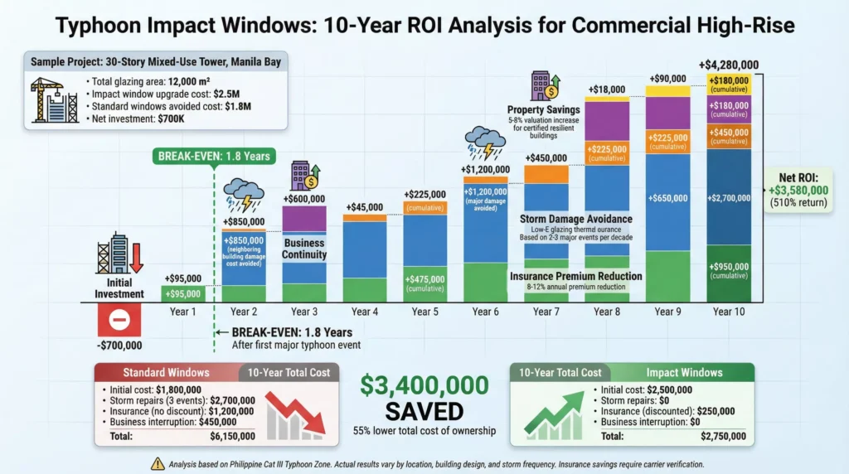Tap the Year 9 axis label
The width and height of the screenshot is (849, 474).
click(x=663, y=312)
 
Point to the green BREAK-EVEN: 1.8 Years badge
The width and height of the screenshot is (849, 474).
click(x=214, y=156)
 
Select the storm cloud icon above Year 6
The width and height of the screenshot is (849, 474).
click(x=486, y=142)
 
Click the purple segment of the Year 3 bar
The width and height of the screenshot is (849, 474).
click(x=304, y=218)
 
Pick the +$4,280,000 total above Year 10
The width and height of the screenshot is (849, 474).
click(x=730, y=64)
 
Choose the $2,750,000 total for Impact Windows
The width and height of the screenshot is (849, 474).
click(x=720, y=435)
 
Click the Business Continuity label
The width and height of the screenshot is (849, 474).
click(x=304, y=249)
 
